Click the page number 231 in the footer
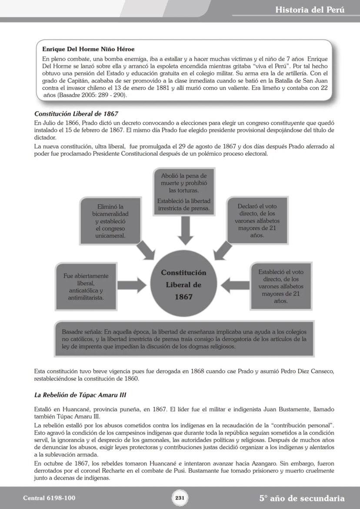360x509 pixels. [180, 498]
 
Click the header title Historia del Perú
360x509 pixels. [310, 10]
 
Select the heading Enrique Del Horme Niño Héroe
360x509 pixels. [88, 49]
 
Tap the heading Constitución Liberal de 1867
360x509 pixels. [76, 113]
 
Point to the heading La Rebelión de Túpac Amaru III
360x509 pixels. [80, 395]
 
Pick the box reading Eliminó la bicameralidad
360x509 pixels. [110, 221]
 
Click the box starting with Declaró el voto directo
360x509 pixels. [257, 220]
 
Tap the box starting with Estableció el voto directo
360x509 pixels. [281, 286]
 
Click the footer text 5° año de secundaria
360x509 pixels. [302, 498]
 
